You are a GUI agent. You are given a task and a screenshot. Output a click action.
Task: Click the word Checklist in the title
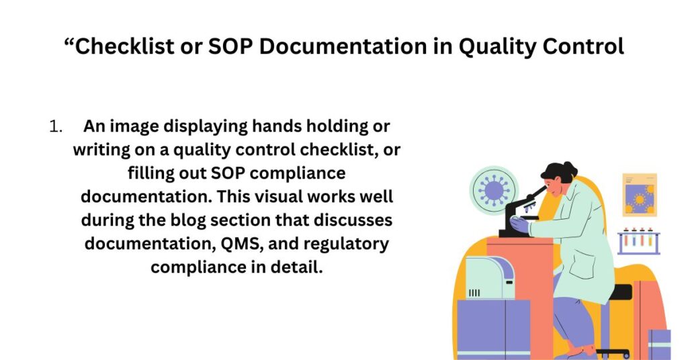coord(124,46)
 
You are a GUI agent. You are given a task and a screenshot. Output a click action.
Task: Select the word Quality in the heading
coord(497,47)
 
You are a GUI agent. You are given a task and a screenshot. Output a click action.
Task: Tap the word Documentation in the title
coord(343,46)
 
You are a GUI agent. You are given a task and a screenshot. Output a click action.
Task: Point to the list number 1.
coord(55,126)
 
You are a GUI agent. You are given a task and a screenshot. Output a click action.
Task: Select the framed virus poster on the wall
coord(640,195)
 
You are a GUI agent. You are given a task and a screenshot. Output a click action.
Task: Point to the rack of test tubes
coord(639,241)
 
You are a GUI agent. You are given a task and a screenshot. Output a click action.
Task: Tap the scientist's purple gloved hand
coord(521,224)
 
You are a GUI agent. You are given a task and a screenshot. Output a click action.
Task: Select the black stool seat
coord(620,292)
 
